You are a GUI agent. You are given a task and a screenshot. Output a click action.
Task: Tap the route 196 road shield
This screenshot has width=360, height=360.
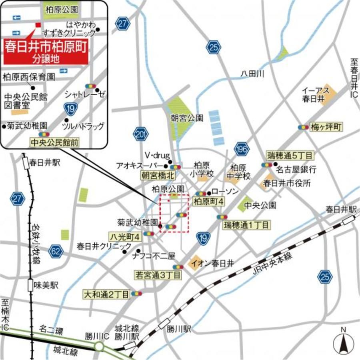[241, 148]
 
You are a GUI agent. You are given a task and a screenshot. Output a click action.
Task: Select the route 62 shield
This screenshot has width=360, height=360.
[56, 251]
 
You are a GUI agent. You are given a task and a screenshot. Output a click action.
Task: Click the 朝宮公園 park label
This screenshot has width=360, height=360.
[187, 118]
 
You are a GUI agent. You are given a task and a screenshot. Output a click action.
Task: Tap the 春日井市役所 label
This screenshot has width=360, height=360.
[286, 183]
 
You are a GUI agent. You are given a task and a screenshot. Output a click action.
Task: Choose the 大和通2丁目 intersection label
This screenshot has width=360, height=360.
[106, 295]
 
